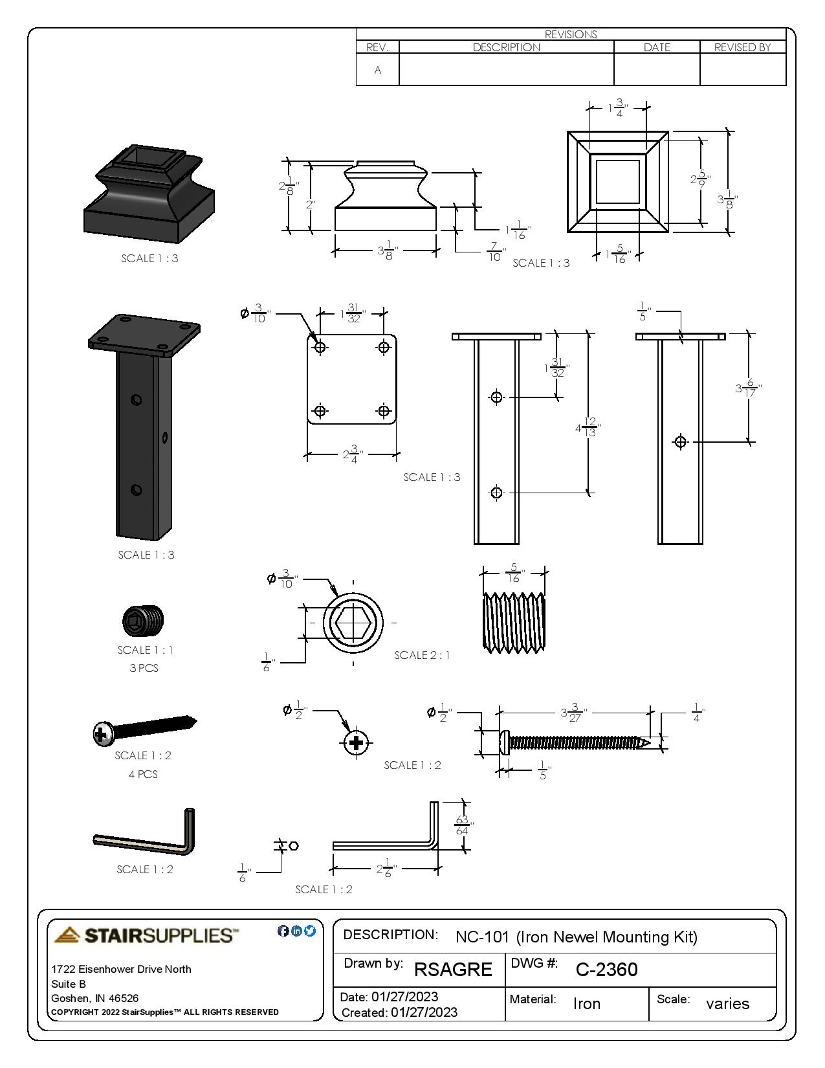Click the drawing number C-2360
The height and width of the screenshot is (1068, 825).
[606, 969]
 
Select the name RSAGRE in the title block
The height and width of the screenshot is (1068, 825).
[453, 969]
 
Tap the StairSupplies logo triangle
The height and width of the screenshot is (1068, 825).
[67, 935]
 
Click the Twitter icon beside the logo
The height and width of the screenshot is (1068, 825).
[310, 931]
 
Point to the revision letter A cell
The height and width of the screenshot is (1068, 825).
[378, 70]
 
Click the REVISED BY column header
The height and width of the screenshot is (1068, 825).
[742, 47]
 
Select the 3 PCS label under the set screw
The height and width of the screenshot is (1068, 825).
[144, 668]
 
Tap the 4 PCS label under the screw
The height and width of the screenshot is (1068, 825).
[143, 774]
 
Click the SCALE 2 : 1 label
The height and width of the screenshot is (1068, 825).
[422, 655]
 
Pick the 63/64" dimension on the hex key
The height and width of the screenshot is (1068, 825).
[462, 825]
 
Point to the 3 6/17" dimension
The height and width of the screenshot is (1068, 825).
[748, 388]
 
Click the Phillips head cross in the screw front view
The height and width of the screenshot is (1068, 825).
[355, 742]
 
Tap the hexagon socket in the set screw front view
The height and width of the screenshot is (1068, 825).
[353, 623]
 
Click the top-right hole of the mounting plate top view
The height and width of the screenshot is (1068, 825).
[384, 347]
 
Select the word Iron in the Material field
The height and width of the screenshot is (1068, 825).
[586, 1003]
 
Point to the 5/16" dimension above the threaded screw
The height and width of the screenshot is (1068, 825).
[514, 573]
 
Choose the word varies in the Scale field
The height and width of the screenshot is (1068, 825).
[727, 1003]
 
